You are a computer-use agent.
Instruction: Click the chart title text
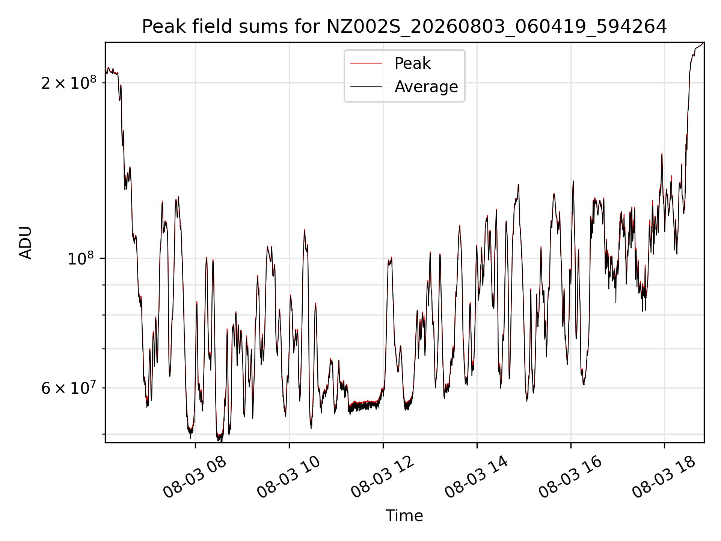pyautogui.click(x=404, y=27)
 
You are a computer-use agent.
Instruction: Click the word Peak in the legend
pyautogui.click(x=412, y=63)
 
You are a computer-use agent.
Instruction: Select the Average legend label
pyautogui.click(x=426, y=87)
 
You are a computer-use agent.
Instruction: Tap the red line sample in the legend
pyautogui.click(x=367, y=63)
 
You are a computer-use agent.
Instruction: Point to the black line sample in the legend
pyautogui.click(x=367, y=87)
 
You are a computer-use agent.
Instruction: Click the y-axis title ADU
pyautogui.click(x=26, y=243)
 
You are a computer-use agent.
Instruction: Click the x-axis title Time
pyautogui.click(x=404, y=516)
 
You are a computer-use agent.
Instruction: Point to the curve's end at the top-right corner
pyautogui.click(x=704, y=43)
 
